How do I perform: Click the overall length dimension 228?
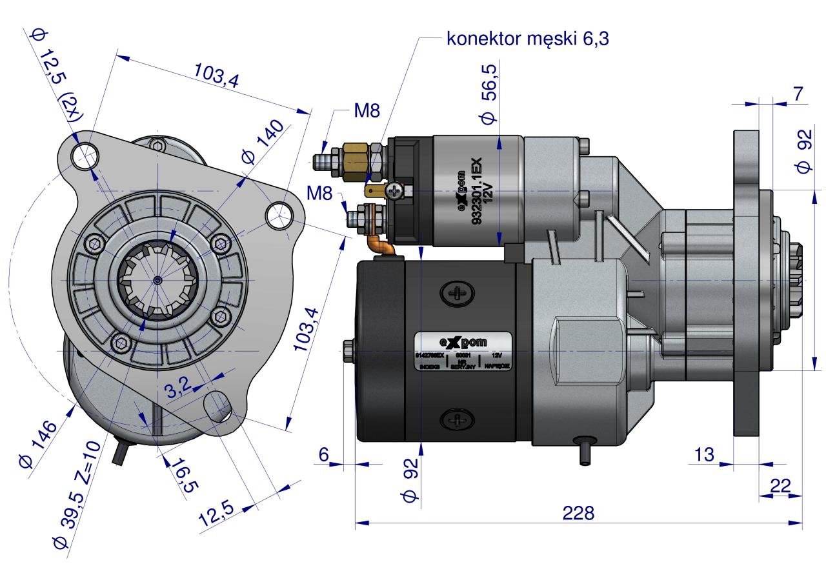(578, 512)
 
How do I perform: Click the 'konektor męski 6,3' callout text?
(528, 39)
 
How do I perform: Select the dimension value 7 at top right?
(798, 94)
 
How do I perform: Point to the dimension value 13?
(705, 454)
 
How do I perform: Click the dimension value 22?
(780, 485)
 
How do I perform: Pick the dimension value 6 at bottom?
(324, 454)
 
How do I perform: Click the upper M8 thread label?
(367, 111)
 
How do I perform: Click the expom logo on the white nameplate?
(463, 341)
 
